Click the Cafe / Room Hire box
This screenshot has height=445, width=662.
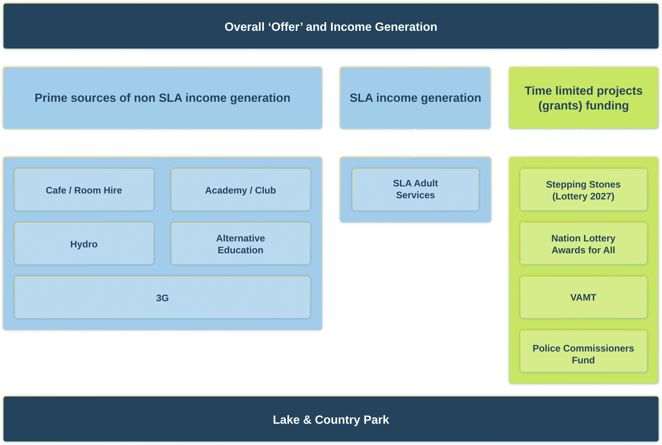[84, 190]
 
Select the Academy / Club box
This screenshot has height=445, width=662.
[241, 190]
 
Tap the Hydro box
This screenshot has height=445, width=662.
[84, 244]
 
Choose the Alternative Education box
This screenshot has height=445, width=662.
[241, 244]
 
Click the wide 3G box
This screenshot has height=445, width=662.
[162, 297]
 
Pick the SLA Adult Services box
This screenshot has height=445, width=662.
[415, 190]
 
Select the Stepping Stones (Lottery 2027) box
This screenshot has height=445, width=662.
[583, 190]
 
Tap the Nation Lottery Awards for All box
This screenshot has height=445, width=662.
[583, 244]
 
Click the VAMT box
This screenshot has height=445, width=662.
[583, 297]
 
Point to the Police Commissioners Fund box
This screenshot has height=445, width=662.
[583, 351]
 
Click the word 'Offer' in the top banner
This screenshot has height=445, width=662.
[285, 27]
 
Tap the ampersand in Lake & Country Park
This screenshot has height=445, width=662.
[307, 420]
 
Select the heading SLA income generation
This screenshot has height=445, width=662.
[415, 98]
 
